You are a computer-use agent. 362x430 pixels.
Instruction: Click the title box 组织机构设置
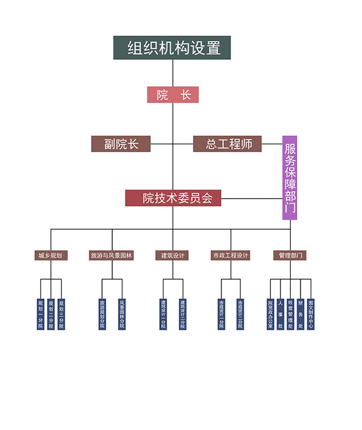172,48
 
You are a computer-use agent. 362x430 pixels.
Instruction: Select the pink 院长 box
173,95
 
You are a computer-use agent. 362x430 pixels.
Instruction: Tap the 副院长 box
121,144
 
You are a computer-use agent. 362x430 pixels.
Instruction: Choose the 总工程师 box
227,144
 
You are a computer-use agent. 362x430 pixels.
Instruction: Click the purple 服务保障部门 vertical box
290,178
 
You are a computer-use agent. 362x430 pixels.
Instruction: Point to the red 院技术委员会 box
173,198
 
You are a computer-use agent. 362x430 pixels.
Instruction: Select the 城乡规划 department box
51,255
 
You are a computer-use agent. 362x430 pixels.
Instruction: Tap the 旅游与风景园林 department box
112,255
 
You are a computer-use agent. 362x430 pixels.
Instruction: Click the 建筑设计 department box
171,255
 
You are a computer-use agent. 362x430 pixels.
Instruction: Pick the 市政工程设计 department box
230,255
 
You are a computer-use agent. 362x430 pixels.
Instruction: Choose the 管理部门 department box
290,255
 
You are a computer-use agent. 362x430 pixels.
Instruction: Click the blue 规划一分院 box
40,313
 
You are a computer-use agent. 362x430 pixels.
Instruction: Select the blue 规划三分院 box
61,313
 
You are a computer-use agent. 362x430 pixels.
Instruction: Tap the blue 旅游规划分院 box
102,313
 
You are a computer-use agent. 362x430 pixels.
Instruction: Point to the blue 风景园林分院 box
122,313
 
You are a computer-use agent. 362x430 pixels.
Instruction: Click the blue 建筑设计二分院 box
182,313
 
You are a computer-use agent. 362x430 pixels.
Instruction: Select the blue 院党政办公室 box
270,313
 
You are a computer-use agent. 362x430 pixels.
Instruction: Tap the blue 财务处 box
300,313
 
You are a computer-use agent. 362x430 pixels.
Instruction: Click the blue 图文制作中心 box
311,313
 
